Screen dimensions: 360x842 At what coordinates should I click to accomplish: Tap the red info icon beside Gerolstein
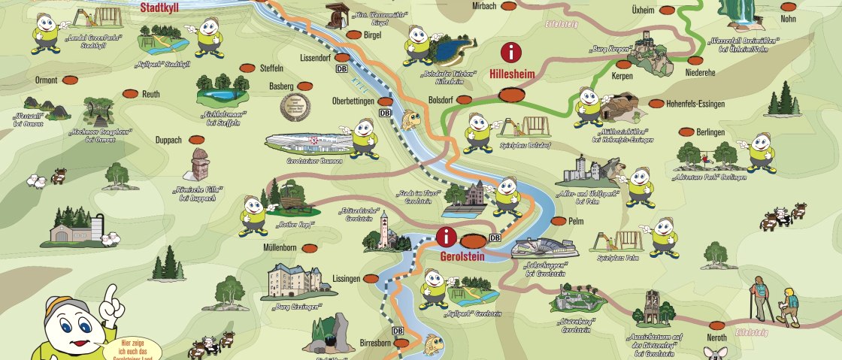(447, 237)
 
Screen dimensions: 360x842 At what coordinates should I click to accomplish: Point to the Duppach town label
(168, 140)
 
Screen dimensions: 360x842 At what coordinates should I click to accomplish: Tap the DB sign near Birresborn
(398, 331)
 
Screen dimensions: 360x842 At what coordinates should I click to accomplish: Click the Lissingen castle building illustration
(294, 281)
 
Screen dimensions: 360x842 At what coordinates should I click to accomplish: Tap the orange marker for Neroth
(716, 325)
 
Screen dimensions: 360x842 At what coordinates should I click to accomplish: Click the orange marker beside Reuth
(129, 94)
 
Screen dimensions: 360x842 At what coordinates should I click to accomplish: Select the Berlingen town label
(710, 132)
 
